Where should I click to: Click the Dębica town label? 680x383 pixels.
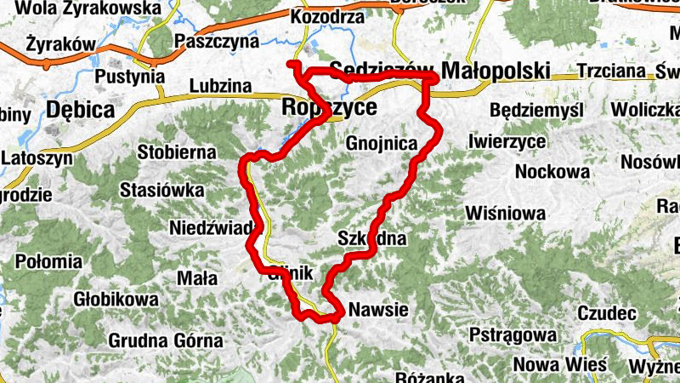point(81,110)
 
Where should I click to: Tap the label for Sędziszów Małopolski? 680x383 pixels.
point(439,71)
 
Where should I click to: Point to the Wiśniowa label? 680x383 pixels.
point(506,213)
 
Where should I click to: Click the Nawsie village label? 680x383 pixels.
point(378,310)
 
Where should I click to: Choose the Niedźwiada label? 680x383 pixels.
point(211,228)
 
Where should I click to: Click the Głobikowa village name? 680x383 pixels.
point(116,300)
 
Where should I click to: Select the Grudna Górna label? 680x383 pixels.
point(166,341)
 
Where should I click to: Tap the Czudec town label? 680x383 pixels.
point(607,313)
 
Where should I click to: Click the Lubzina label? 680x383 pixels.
point(221,86)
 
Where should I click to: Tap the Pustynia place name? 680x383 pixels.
point(130,76)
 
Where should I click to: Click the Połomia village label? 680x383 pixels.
point(47,260)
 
